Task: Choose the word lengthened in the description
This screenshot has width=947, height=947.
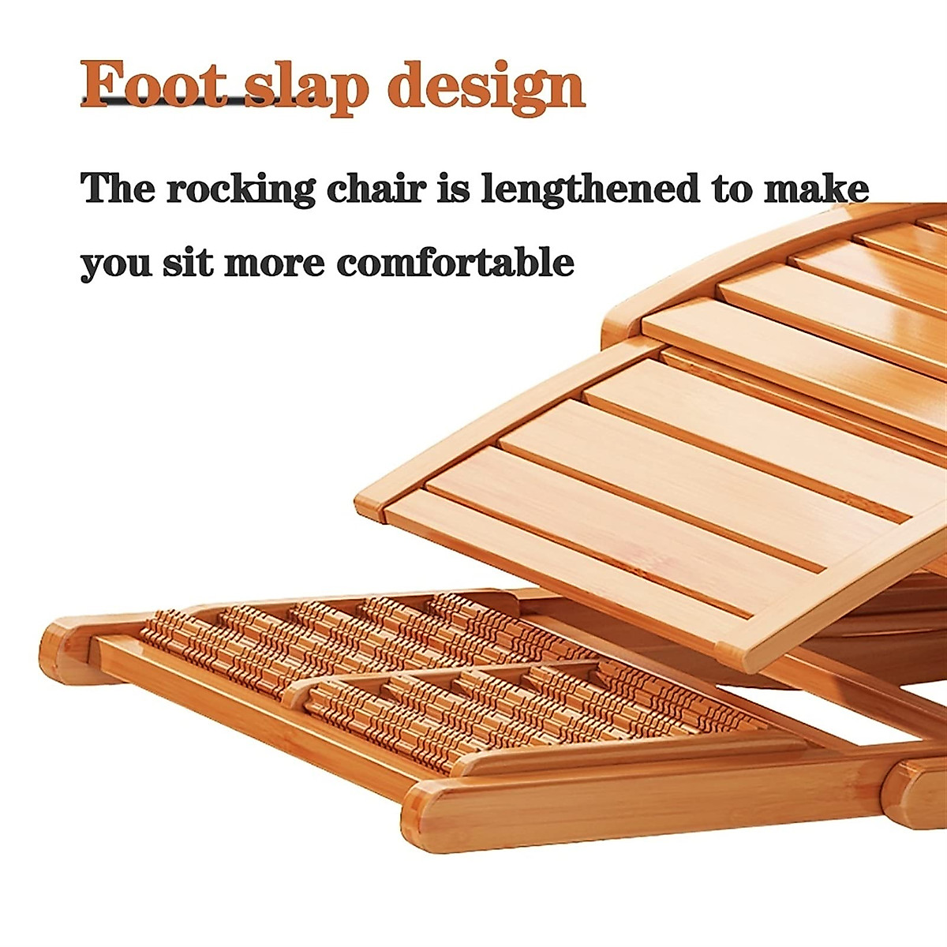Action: [x=590, y=189]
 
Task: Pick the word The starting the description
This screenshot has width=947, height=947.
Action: [x=118, y=189]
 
